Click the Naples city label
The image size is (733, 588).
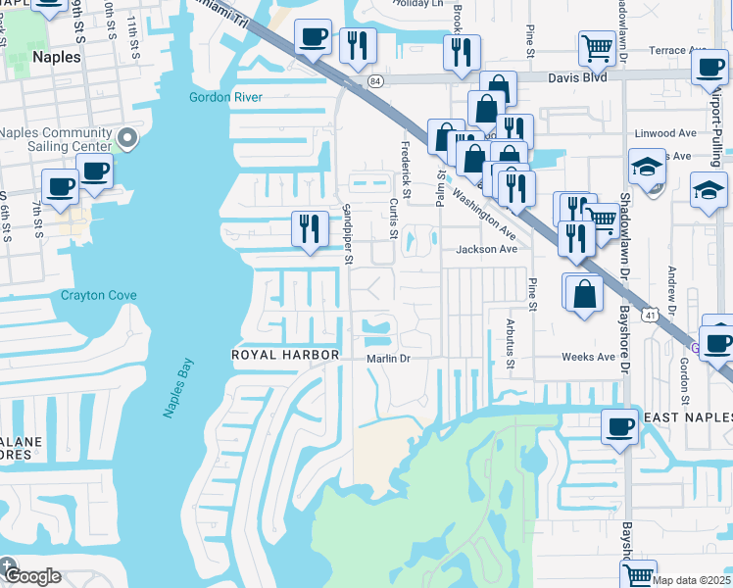click(56, 57)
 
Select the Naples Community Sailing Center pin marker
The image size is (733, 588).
click(127, 138)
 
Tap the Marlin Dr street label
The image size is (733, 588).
click(388, 359)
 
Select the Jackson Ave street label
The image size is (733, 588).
click(486, 250)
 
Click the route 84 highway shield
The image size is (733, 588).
click(376, 82)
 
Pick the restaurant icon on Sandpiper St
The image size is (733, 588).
click(310, 229)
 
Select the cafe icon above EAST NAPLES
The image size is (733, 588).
click(619, 427)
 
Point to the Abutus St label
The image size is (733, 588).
click(510, 343)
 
